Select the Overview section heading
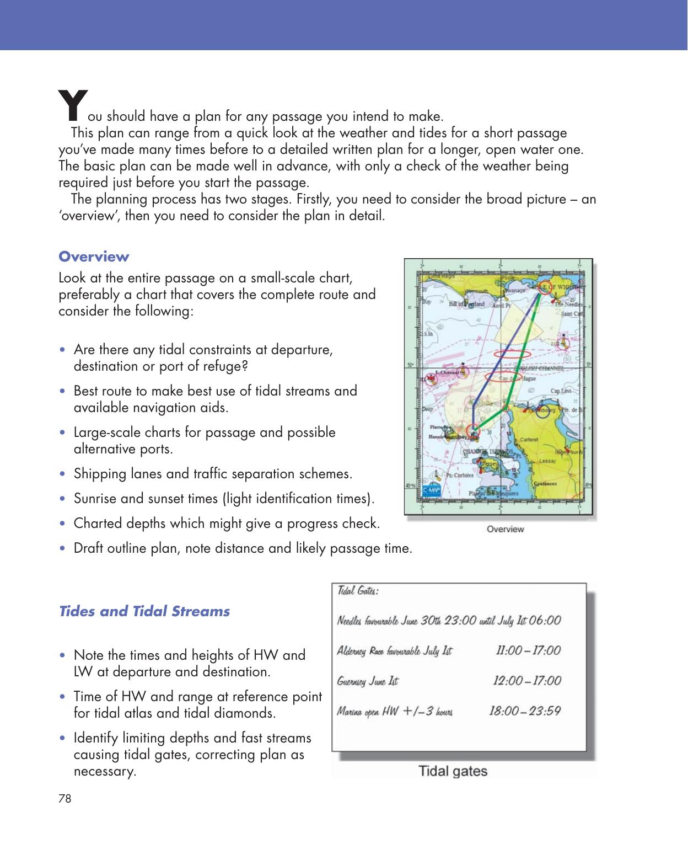(x=94, y=257)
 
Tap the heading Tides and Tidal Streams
(x=144, y=611)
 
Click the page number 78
(x=64, y=798)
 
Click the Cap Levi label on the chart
(x=561, y=391)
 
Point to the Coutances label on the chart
(x=546, y=483)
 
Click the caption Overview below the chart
(x=505, y=529)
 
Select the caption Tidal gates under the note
(x=453, y=771)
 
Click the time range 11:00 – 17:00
(x=528, y=650)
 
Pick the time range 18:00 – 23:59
(x=524, y=711)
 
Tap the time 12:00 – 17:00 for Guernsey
(x=526, y=681)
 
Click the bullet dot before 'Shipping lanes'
(x=65, y=474)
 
